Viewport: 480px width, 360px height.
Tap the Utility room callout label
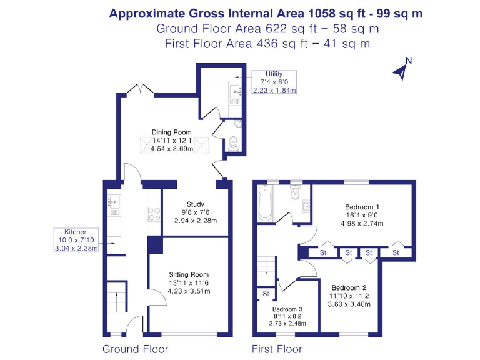tap(274, 82)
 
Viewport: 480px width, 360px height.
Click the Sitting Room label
tap(189, 282)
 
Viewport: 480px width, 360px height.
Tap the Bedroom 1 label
tap(362, 214)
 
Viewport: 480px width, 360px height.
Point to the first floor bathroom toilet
tap(295, 193)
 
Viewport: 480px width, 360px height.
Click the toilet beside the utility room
tap(233, 143)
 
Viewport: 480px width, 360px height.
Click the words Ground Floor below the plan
tap(135, 349)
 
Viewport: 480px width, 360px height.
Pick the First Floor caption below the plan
tap(276, 349)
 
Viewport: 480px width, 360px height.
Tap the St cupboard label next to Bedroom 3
tap(265, 293)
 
